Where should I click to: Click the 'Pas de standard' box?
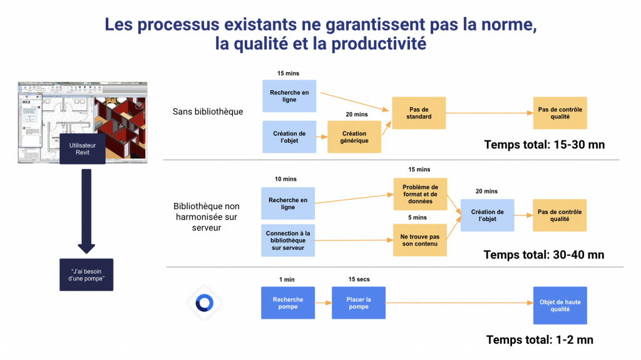point(419,113)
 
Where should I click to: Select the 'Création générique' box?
point(354,137)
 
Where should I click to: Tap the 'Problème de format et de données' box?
point(420,194)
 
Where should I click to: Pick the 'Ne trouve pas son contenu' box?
point(420,240)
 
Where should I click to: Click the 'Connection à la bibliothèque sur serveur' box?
point(289,240)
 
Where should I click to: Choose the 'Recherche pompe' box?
point(288,303)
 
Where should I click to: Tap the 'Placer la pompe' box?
point(359,303)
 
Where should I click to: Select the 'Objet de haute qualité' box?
point(560,306)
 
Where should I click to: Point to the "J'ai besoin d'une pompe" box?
point(86,274)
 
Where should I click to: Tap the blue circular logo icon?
point(204,303)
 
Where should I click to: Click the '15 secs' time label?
point(359,279)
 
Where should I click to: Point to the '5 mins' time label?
point(418,217)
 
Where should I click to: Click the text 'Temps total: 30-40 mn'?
point(543,255)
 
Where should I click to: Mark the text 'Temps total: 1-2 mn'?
point(540,340)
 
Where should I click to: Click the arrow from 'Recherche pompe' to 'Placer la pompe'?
point(324,303)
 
